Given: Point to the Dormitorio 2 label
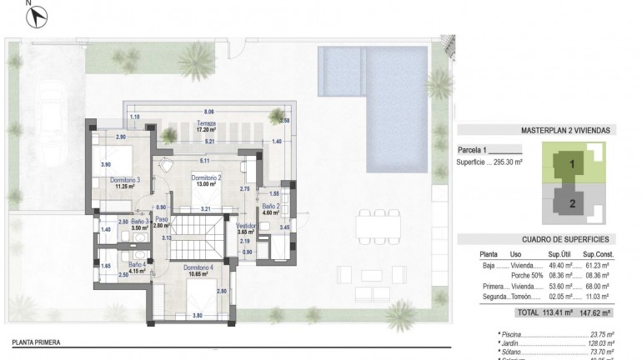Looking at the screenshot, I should click(206, 181).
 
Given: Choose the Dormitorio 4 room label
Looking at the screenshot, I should click(198, 271).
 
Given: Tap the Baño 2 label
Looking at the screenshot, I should click(270, 208).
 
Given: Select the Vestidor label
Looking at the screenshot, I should click(245, 227).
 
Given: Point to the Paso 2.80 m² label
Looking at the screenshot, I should click(161, 223).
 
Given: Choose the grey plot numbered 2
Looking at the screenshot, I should click(571, 201).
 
